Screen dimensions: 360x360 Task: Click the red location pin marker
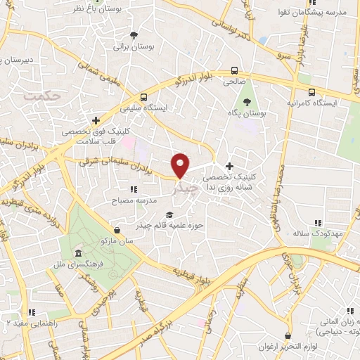coord(181,165)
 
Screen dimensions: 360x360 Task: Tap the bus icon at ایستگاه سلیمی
coord(143,97)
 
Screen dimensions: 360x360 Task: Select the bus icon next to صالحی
coord(234,70)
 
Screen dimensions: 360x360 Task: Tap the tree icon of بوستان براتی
coord(134,34)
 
